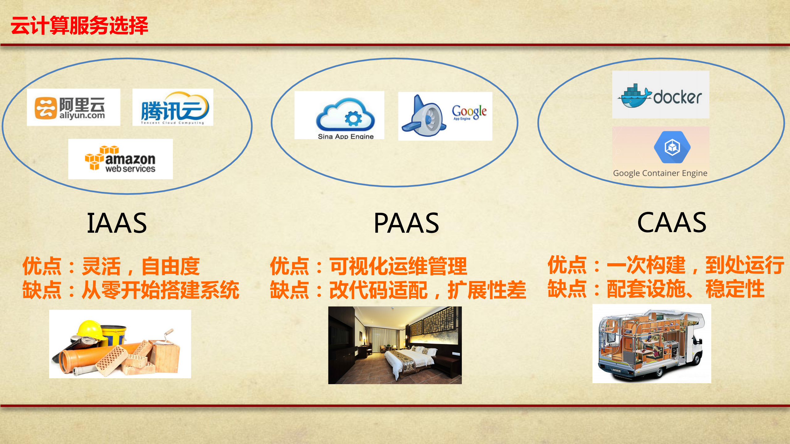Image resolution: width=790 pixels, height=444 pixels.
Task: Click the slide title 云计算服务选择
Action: (x=79, y=26)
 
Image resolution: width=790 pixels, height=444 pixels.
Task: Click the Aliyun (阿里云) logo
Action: (x=73, y=107)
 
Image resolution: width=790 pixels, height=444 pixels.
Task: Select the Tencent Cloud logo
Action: (x=173, y=107)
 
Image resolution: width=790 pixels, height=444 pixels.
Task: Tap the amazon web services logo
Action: (x=120, y=159)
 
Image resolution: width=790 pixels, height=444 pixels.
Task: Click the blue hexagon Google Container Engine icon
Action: (x=672, y=147)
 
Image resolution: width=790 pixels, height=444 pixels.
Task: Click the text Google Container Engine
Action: (x=660, y=173)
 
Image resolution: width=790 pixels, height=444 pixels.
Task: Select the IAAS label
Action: (x=117, y=223)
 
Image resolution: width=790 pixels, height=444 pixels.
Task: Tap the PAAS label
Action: (x=406, y=223)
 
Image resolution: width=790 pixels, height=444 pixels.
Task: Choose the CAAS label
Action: (x=672, y=222)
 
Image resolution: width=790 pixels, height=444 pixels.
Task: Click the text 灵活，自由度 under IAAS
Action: (x=141, y=266)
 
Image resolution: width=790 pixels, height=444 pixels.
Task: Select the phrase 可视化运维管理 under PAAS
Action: (x=398, y=266)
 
